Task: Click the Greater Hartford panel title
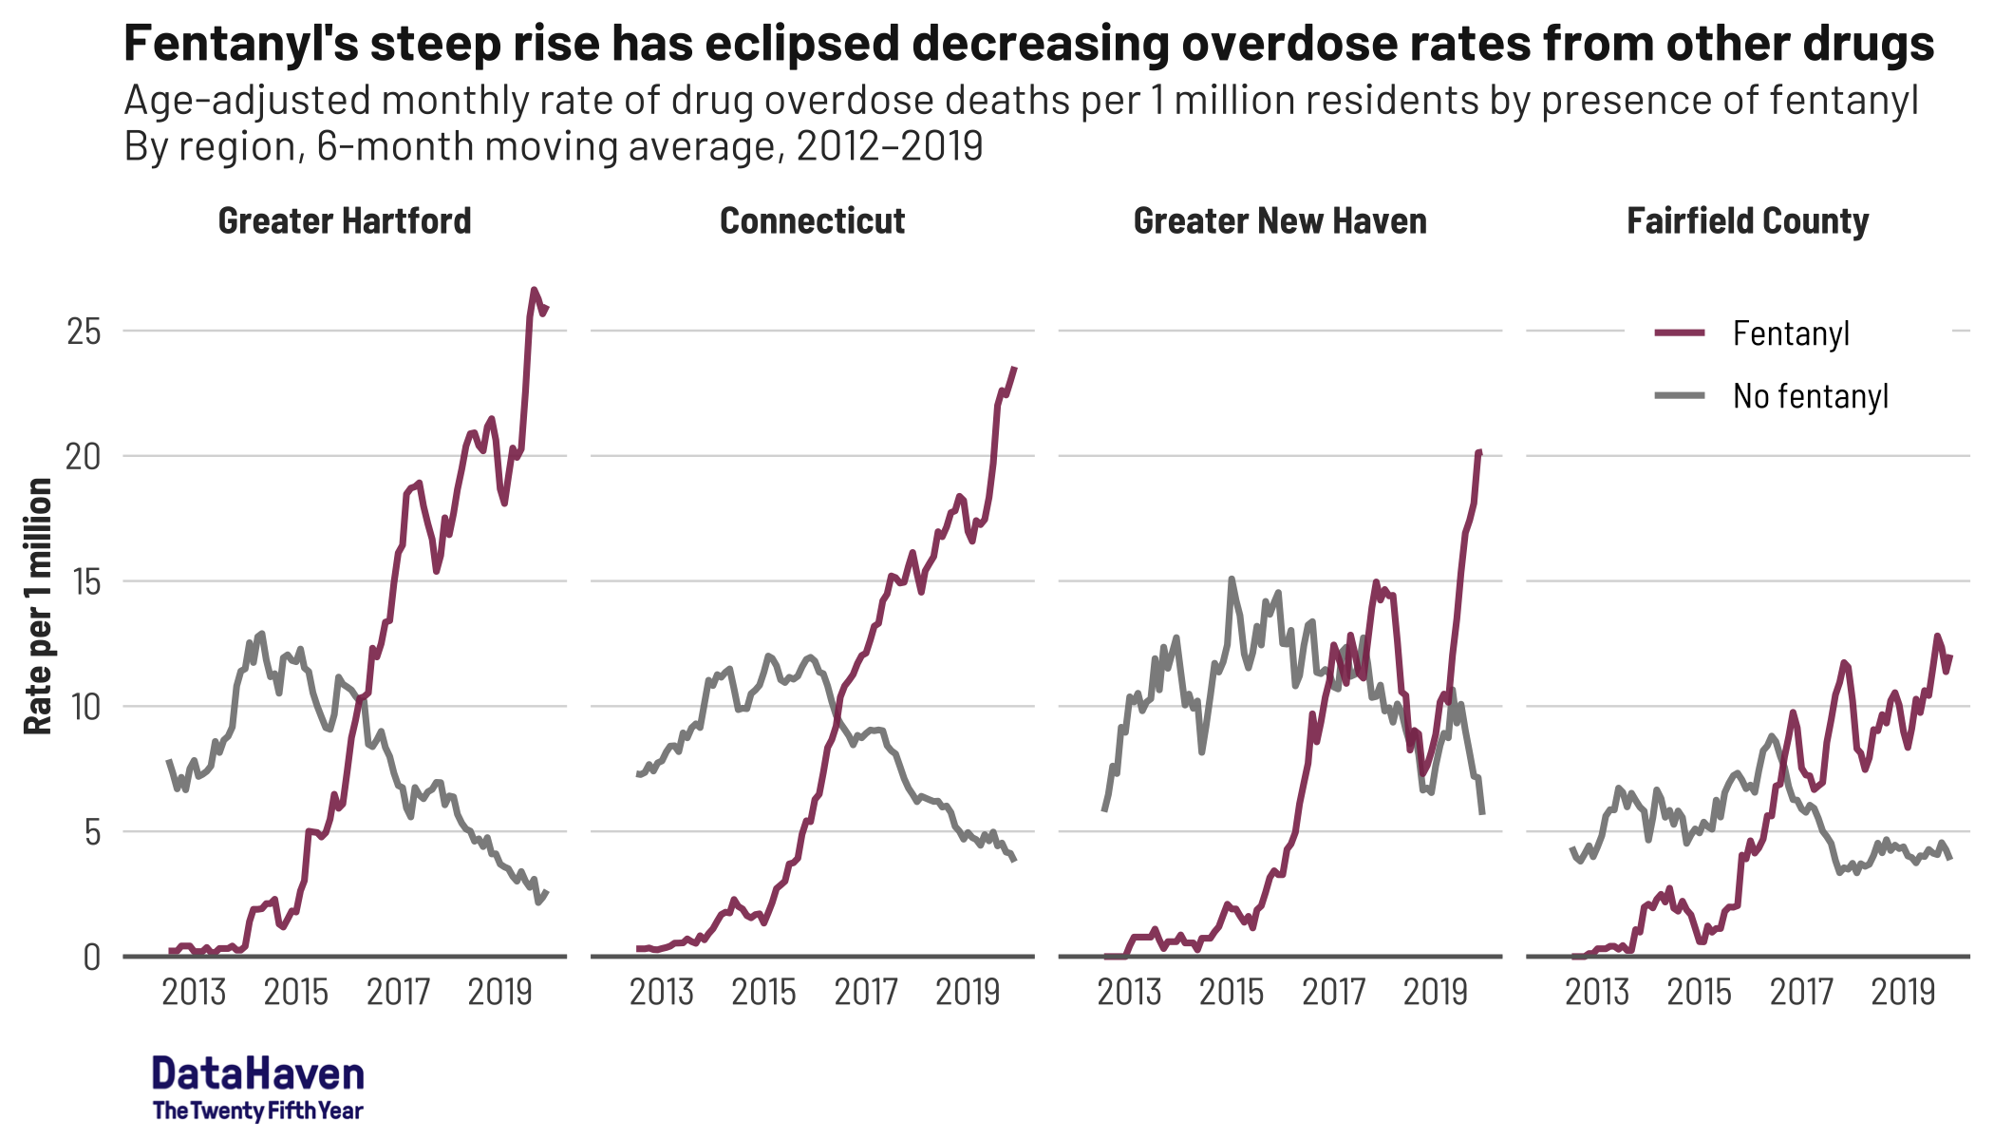(x=345, y=221)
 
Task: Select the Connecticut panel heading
(x=812, y=221)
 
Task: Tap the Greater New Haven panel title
(x=1279, y=221)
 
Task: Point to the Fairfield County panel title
(x=1747, y=221)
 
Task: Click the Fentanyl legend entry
(x=1790, y=333)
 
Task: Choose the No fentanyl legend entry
(x=1810, y=396)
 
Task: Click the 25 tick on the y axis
(x=83, y=332)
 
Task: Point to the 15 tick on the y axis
(x=83, y=581)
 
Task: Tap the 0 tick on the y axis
(x=91, y=957)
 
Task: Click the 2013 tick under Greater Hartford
(x=194, y=993)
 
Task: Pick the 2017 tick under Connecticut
(x=866, y=993)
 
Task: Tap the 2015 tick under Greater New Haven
(x=1232, y=993)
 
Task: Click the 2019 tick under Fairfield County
(x=1903, y=993)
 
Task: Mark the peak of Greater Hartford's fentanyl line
(x=534, y=289)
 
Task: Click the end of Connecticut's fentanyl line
(x=1015, y=368)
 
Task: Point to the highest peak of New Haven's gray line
(x=1232, y=578)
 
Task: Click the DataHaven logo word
(x=257, y=1074)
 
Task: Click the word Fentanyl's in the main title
(x=240, y=45)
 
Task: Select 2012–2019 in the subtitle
(x=889, y=146)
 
